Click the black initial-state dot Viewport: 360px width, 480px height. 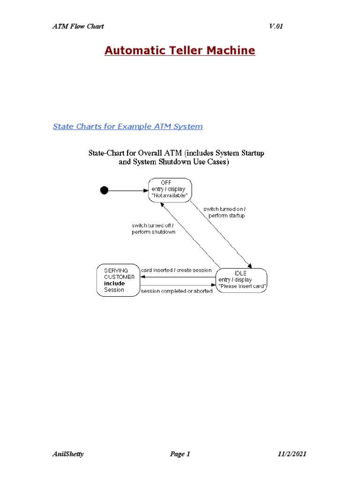[x=104, y=190]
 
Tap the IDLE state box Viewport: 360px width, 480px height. [x=242, y=280]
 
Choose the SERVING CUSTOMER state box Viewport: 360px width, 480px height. [x=119, y=280]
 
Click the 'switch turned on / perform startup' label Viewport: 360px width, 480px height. [x=224, y=212]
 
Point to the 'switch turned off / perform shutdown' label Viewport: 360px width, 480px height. [x=153, y=229]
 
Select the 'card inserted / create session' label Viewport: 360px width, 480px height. [x=176, y=270]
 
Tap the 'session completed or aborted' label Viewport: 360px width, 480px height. [x=177, y=291]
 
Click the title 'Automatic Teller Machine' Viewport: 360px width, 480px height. [x=180, y=51]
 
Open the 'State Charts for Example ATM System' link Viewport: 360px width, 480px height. [x=127, y=127]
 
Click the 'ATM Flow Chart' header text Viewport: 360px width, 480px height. [x=78, y=26]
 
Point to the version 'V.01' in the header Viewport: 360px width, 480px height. [x=276, y=26]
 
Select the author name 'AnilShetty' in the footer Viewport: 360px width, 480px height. [x=68, y=454]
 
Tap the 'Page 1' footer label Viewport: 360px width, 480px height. [x=180, y=454]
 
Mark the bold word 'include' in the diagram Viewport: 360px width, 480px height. [x=114, y=283]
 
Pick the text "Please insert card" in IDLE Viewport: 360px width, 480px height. [x=243, y=286]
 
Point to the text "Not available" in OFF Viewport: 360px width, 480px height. [x=170, y=195]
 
